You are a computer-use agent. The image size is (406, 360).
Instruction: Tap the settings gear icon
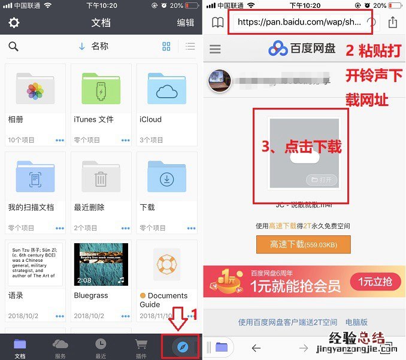14,23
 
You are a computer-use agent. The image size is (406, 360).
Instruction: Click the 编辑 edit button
186,23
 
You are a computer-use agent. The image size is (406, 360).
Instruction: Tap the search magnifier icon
14,47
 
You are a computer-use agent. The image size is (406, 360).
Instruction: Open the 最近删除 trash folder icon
101,177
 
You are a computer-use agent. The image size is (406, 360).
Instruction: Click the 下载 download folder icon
166,177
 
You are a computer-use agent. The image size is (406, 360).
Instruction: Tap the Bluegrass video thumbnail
101,264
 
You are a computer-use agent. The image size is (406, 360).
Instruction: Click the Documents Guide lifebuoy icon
166,264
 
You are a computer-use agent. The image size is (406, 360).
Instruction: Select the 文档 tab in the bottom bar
20,346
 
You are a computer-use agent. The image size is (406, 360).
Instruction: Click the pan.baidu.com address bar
299,23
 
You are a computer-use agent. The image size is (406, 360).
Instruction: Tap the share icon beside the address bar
393,23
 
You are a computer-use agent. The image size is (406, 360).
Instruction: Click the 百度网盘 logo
302,49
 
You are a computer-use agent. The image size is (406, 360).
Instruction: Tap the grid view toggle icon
166,47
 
